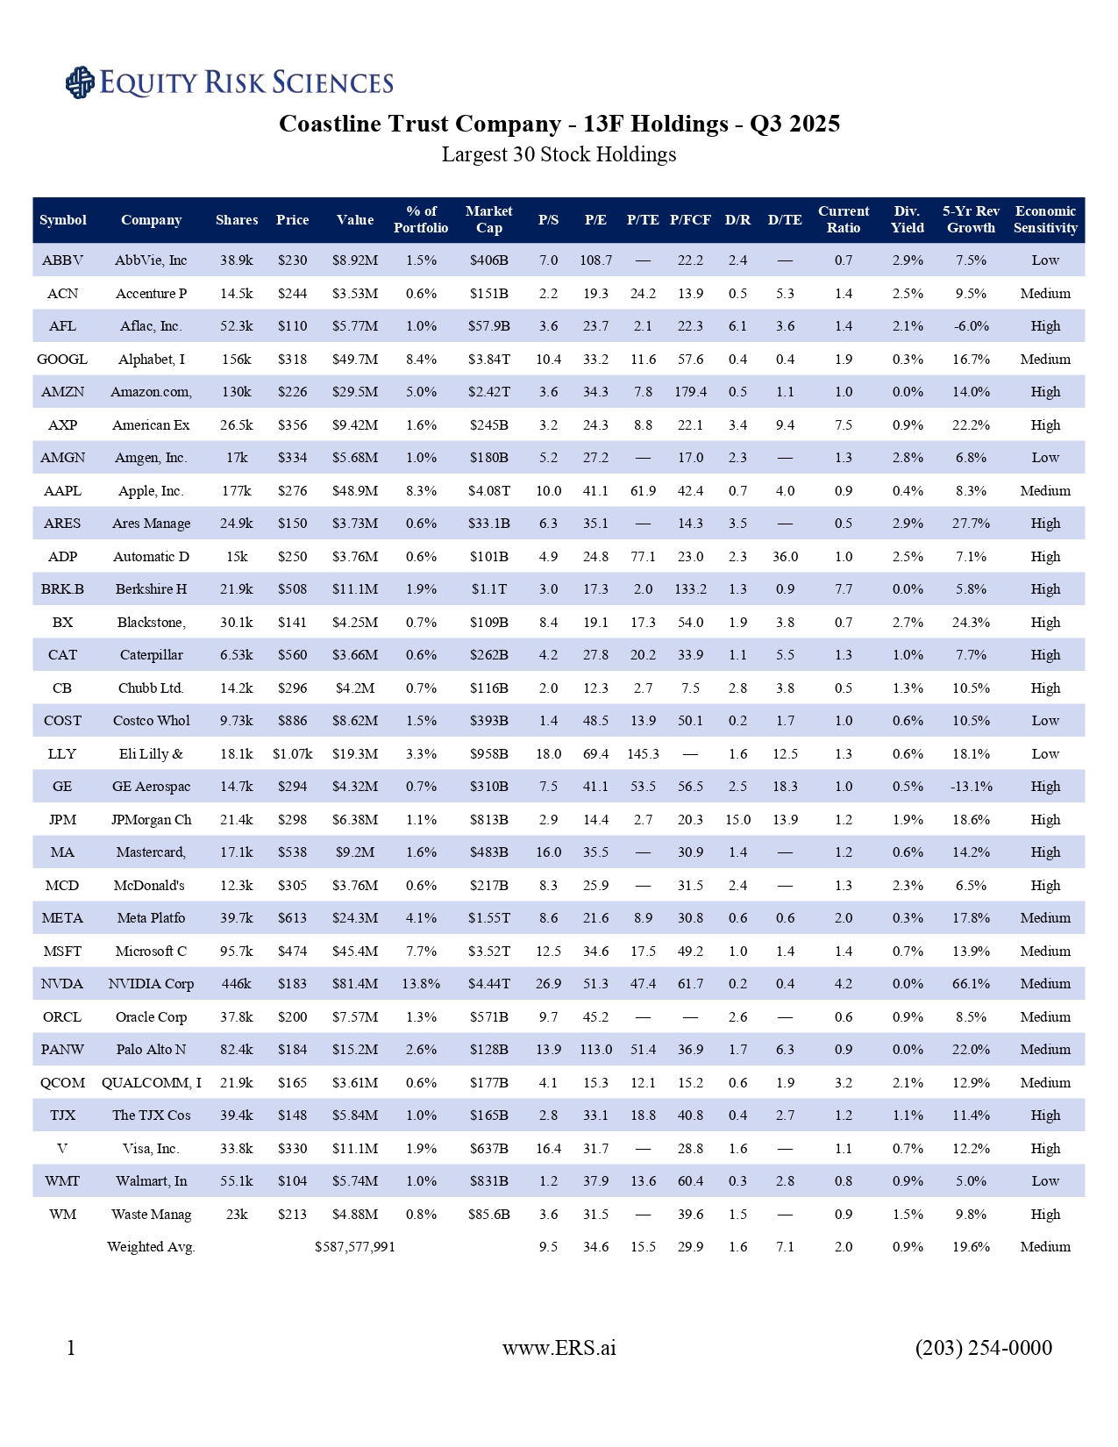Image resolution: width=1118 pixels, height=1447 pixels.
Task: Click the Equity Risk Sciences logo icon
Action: pyautogui.click(x=80, y=82)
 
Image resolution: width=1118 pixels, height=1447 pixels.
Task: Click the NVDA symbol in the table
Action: pyautogui.click(x=62, y=984)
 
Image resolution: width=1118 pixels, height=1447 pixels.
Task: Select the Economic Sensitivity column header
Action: pyautogui.click(x=1045, y=220)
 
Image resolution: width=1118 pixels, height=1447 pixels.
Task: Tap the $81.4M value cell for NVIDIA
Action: pyautogui.click(x=355, y=984)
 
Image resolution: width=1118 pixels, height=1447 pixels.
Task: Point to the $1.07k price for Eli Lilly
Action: pyautogui.click(x=292, y=754)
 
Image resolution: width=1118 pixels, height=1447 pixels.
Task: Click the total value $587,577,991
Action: pyautogui.click(x=355, y=1247)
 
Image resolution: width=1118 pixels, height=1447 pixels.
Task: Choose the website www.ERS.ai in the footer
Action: pyautogui.click(x=559, y=1348)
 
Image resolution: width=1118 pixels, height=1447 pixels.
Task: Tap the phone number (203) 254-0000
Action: pyautogui.click(x=983, y=1348)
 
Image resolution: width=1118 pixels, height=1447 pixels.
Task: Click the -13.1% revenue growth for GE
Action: pyautogui.click(x=971, y=787)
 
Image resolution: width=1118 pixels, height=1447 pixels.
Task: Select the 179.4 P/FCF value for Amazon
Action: pyautogui.click(x=690, y=392)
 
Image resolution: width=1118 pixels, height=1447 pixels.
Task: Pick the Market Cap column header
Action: pyautogui.click(x=488, y=220)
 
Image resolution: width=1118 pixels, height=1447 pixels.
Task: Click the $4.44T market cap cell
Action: pyautogui.click(x=488, y=984)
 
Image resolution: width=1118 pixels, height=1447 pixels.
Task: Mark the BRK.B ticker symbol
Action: pyautogui.click(x=62, y=589)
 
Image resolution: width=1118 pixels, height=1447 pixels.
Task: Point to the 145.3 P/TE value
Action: pyautogui.click(x=643, y=754)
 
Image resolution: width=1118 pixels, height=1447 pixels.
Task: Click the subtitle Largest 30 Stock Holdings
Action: pyautogui.click(x=559, y=155)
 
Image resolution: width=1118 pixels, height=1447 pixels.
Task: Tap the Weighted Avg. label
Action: pyautogui.click(x=151, y=1247)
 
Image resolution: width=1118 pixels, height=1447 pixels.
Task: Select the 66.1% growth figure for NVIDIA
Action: pyautogui.click(x=971, y=984)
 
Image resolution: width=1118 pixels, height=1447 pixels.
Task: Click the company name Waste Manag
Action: pyautogui.click(x=151, y=1215)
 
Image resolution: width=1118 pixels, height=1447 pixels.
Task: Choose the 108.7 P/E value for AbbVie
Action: pyautogui.click(x=595, y=260)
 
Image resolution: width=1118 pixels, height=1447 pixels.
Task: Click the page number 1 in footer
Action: pyautogui.click(x=71, y=1348)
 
